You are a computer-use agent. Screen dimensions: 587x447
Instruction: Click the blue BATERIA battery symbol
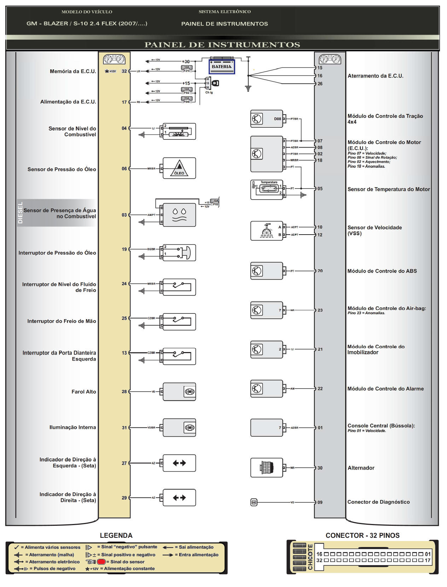coord(221,66)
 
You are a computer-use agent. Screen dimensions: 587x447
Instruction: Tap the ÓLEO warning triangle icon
coord(179,168)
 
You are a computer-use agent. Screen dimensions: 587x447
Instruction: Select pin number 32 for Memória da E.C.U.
coord(124,71)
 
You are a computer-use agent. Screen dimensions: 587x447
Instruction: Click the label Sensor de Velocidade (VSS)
coord(375,230)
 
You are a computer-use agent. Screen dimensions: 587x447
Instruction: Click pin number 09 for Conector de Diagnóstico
coord(320,502)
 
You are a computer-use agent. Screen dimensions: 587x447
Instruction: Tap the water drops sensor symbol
coord(179,215)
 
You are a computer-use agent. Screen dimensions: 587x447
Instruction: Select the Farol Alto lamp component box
coord(179,392)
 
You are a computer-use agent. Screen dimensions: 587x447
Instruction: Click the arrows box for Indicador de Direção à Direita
coord(179,498)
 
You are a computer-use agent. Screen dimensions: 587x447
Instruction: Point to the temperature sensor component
coord(267,189)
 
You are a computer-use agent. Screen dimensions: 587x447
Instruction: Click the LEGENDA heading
coord(116,535)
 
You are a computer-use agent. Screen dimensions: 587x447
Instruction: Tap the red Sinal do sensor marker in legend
coord(101,562)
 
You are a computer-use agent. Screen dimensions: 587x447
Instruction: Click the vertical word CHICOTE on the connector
coord(310,557)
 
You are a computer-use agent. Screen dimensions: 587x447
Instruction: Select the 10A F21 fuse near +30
coord(186,69)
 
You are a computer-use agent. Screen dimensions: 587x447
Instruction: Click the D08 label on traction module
coord(277,119)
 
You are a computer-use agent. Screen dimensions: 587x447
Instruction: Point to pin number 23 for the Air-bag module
coord(320,310)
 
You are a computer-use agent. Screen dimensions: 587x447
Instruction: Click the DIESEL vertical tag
coord(20,213)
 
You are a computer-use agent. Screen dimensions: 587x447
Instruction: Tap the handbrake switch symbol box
coord(179,322)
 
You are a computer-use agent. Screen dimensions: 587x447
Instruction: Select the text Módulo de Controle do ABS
coord(382,271)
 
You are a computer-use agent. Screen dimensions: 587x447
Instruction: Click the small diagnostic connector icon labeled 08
coord(254,502)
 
